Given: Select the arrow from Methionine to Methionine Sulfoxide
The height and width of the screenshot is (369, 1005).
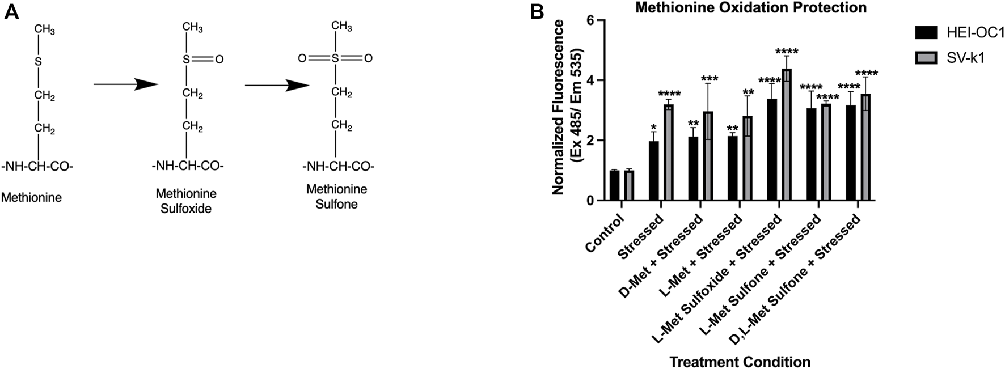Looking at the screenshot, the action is pos(125,84).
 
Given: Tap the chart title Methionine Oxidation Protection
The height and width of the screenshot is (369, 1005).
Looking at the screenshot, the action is pos(750,8).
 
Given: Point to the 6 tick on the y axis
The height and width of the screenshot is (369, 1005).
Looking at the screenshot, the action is pos(592,21).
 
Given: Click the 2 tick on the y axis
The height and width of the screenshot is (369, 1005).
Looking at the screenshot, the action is pos(592,141).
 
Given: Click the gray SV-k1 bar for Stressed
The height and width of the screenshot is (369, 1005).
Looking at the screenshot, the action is pos(669,152).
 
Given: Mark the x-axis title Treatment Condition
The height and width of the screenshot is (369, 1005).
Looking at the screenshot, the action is pos(740,362).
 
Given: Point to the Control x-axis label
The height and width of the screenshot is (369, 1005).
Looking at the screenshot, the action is pos(605,232).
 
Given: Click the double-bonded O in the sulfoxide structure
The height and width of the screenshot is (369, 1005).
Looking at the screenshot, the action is pos(219,59).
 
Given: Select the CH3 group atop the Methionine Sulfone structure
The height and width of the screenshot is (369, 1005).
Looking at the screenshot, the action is pos(341,26).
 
